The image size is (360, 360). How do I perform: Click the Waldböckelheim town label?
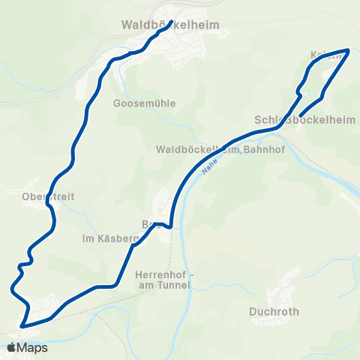coord(170,25)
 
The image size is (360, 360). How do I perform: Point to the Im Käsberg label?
coord(110,239)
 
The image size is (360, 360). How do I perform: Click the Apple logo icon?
coord(11,347)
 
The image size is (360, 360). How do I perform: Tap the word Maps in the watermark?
coord(32,347)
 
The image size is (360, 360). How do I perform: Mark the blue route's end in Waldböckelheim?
coord(171,22)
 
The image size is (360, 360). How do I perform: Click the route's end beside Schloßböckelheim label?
coord(300,115)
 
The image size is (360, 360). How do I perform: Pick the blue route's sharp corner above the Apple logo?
coord(22,326)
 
